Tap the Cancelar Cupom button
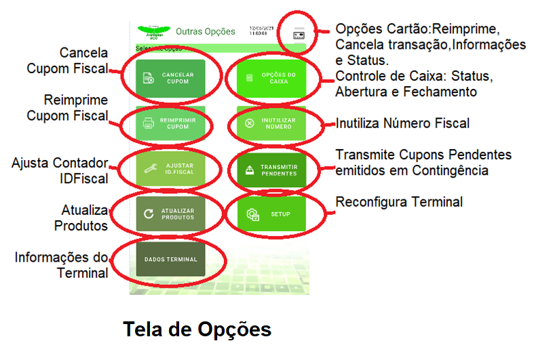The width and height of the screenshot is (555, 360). (170, 77)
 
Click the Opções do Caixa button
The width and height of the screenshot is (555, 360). (271, 77)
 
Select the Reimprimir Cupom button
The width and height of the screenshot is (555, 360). (170, 123)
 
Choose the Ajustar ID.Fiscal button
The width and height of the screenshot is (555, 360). (170, 168)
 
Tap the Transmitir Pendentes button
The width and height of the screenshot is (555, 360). (271, 168)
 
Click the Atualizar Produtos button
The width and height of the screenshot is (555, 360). (170, 214)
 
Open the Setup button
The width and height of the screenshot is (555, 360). (271, 214)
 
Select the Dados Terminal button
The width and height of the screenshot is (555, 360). (170, 260)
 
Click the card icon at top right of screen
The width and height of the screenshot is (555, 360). (299, 34)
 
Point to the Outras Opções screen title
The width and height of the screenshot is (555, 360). (206, 31)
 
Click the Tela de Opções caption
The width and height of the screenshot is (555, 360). (197, 329)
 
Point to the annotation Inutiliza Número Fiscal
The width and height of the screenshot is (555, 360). (403, 124)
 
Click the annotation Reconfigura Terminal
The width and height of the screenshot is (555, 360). (400, 201)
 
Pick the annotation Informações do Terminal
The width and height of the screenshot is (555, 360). (62, 265)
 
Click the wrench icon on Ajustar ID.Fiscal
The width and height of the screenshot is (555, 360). (149, 168)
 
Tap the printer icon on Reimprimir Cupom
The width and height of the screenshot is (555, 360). (149, 123)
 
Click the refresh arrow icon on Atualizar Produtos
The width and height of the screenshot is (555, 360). (149, 214)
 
